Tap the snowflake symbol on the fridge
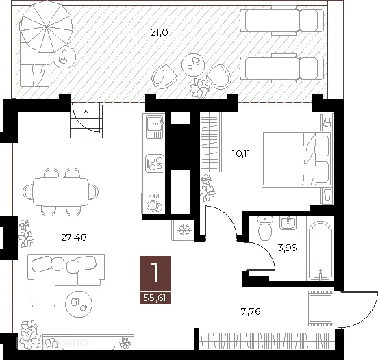coord(184,230)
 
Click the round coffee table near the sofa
coord(77,300)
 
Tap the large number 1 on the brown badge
coord(155,272)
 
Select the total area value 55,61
coord(155,298)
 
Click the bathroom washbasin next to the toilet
coord(287,222)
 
